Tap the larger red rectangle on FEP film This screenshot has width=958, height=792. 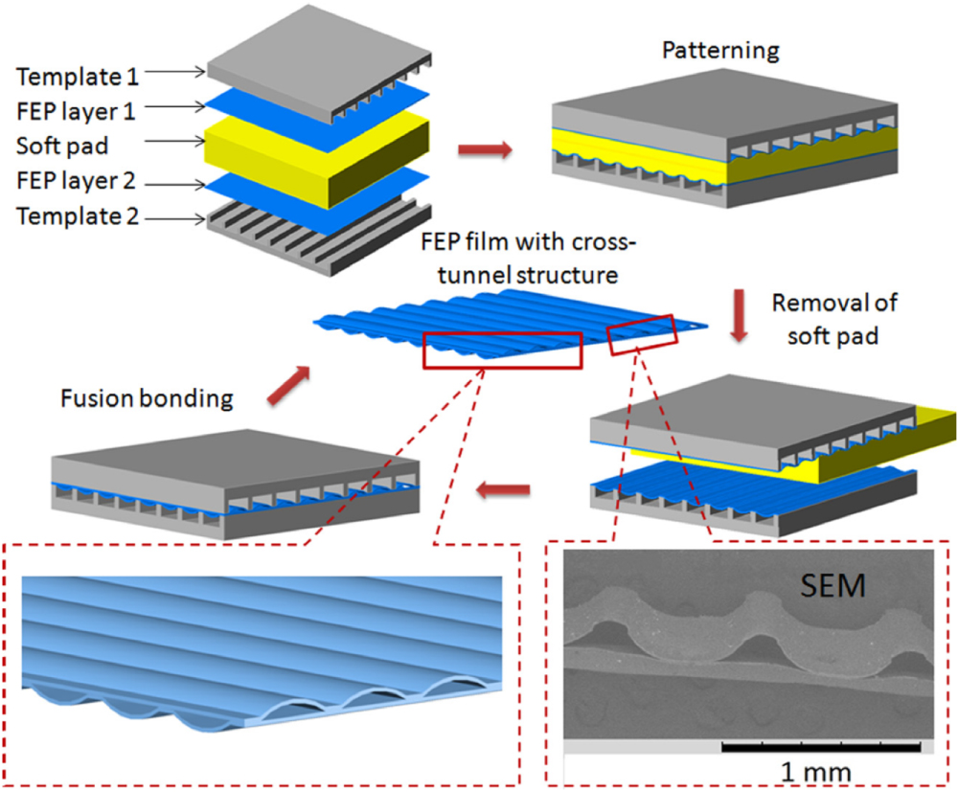502,350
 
